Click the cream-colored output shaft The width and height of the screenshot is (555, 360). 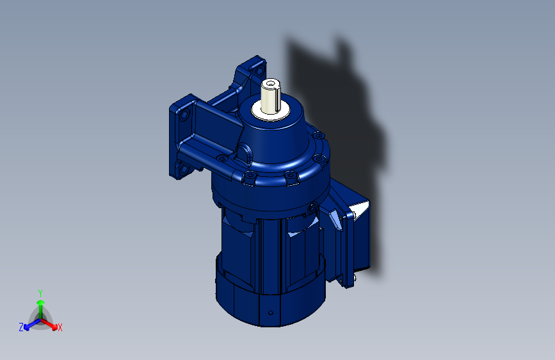coord(270,95)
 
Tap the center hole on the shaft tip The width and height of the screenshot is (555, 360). coord(271,84)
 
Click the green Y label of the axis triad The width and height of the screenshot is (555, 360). coord(40,293)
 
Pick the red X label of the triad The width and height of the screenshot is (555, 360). coord(60,327)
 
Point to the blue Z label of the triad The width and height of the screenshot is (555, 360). coord(21,327)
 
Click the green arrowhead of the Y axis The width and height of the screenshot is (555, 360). coord(41,303)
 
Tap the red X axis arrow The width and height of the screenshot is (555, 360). coord(49,324)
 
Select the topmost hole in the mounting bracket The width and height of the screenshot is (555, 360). coord(260,71)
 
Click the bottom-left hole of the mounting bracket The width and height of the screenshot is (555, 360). coord(184,168)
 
